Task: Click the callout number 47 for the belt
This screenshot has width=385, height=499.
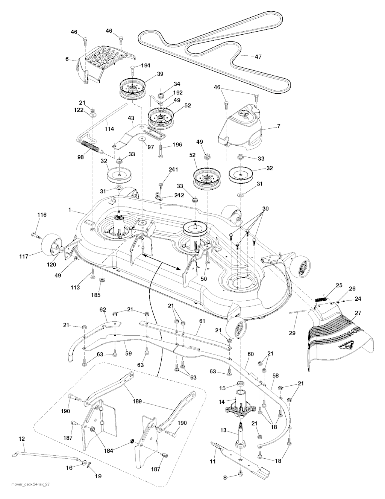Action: click(258, 57)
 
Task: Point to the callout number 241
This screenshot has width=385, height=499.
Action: click(173, 170)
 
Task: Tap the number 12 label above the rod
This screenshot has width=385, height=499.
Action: click(22, 439)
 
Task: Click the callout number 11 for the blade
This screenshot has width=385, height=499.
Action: click(212, 461)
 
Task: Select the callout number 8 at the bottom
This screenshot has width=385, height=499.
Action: click(225, 478)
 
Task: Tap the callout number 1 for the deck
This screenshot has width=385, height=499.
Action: click(70, 210)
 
